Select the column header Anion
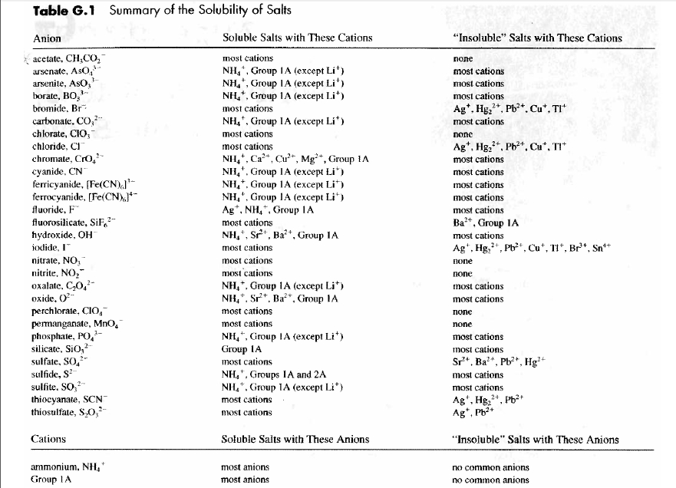[x=48, y=38]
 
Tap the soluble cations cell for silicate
[x=242, y=349]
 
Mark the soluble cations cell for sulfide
[x=274, y=374]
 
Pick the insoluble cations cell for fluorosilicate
[x=486, y=223]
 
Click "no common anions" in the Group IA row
[x=491, y=480]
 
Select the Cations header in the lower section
[x=48, y=440]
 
